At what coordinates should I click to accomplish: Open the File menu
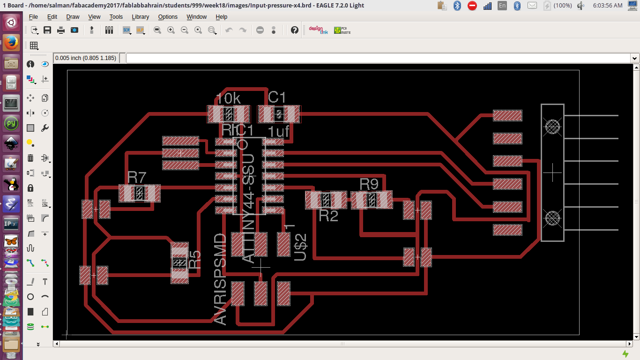click(33, 16)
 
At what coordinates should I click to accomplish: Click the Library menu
click(140, 16)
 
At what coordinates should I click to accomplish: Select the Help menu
click(221, 16)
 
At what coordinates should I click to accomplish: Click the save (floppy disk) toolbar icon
click(47, 30)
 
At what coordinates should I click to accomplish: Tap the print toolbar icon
click(61, 30)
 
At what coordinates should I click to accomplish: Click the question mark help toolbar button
click(294, 30)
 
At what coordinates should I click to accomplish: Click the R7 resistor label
click(137, 177)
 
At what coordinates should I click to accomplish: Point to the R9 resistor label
click(369, 184)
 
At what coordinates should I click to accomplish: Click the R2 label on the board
click(328, 216)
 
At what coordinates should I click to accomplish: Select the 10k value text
click(228, 98)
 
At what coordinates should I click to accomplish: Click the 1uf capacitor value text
click(278, 132)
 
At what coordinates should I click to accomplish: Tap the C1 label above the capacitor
click(276, 97)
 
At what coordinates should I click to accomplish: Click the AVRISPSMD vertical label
click(220, 279)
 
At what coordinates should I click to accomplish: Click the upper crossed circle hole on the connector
click(552, 126)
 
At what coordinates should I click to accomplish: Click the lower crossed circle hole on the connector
click(552, 218)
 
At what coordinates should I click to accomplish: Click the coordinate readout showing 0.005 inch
click(85, 58)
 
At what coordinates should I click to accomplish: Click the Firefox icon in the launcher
click(11, 43)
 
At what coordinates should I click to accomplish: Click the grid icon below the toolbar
click(34, 45)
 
